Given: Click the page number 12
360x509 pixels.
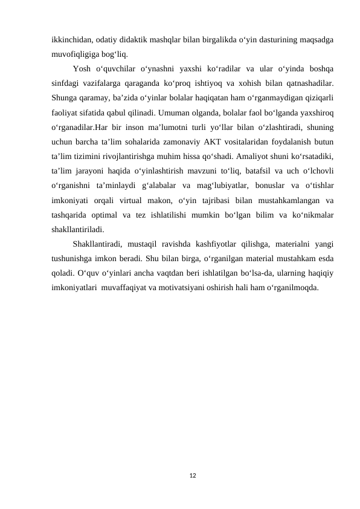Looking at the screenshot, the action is point(192,476).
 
